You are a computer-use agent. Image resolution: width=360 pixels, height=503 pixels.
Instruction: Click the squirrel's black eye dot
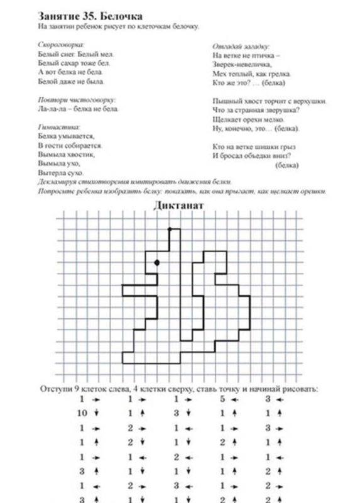[x=156, y=262]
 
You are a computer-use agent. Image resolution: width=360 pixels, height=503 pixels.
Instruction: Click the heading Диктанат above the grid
[x=180, y=206]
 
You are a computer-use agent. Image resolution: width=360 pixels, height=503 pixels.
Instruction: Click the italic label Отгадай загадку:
[x=241, y=47]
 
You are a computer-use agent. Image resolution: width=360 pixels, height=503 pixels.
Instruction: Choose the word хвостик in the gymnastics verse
[x=79, y=153]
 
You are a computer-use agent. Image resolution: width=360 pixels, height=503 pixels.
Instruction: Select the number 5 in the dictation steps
[x=223, y=399]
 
